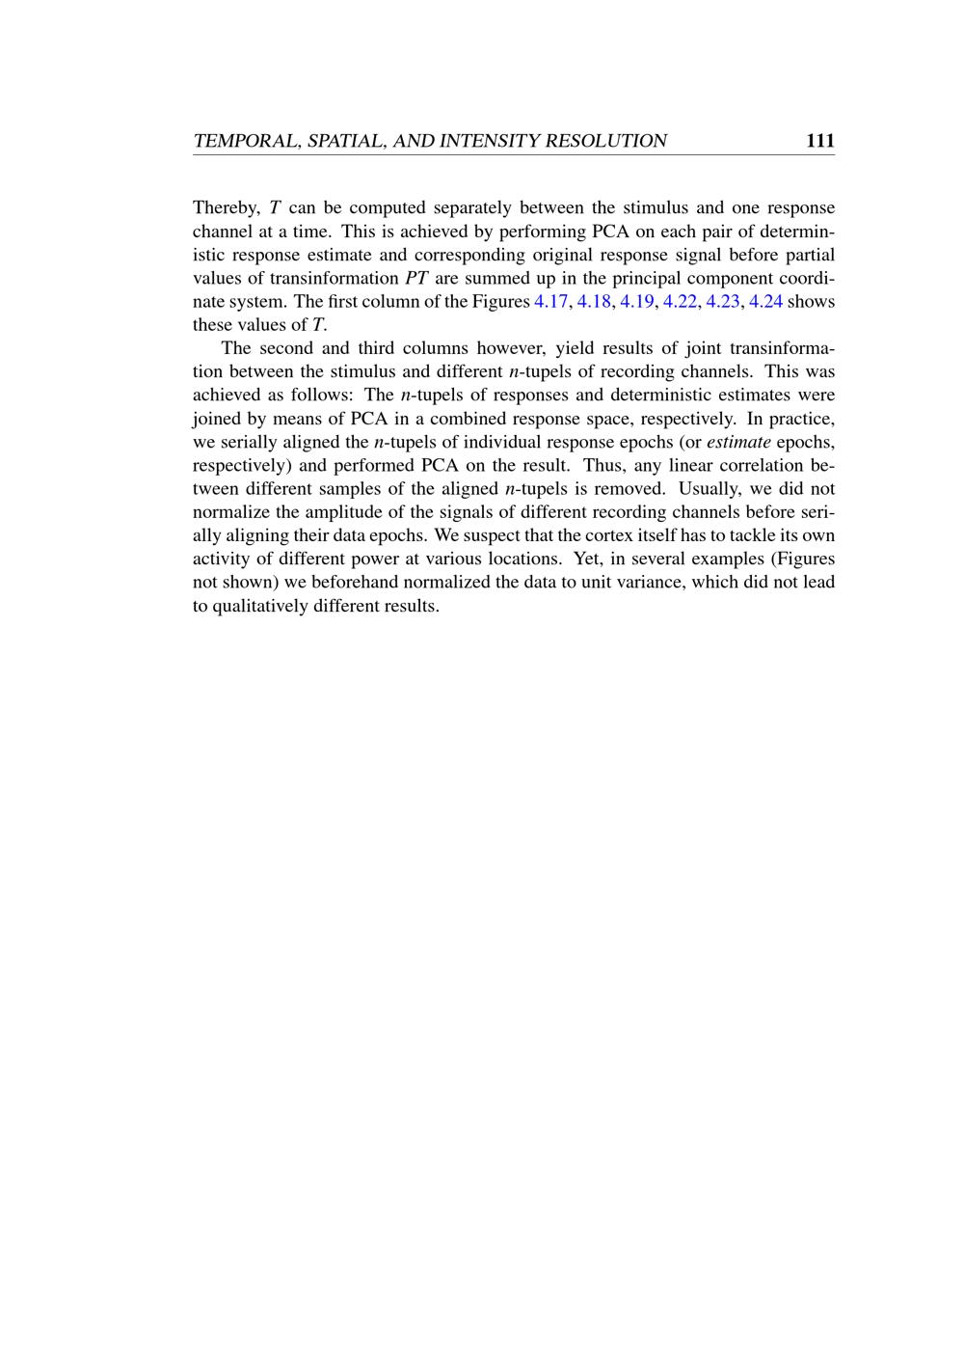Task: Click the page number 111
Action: click(x=819, y=141)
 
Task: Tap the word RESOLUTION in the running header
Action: click(x=606, y=141)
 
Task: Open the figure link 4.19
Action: click(x=636, y=301)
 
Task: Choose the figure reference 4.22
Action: click(x=680, y=301)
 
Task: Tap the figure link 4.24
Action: click(x=765, y=301)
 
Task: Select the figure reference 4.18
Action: click(x=594, y=301)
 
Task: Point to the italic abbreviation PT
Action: click(x=416, y=278)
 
